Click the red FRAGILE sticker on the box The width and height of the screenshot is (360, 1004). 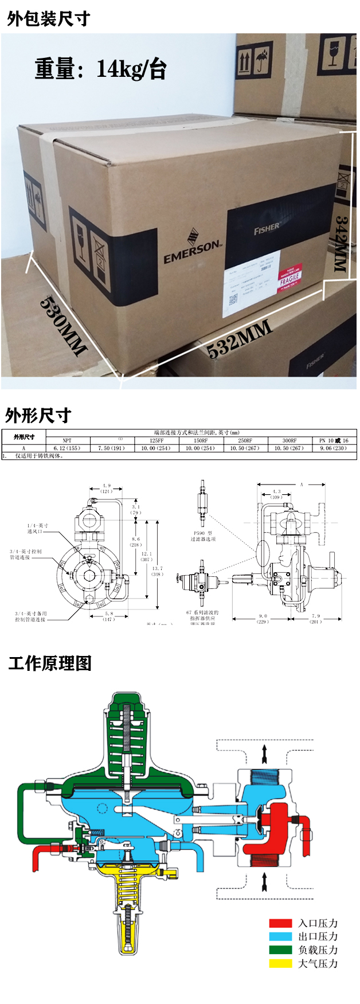tap(289, 278)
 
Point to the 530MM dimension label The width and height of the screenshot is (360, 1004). tap(63, 326)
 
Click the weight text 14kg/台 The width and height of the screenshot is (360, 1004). tap(131, 70)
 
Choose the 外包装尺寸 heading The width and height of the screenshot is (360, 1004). tap(49, 19)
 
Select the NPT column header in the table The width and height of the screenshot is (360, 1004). tap(67, 441)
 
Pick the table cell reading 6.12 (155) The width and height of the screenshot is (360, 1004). tap(67, 448)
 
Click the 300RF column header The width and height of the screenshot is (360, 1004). tap(289, 441)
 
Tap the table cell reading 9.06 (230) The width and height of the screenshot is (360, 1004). tap(334, 448)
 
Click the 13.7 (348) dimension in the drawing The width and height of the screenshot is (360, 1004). tap(157, 571)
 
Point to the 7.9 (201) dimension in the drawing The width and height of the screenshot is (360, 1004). tap(316, 619)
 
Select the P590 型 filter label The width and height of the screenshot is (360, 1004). tap(203, 536)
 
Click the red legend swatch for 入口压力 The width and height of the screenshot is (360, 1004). tap(280, 923)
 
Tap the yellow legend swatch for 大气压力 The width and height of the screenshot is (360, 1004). tap(280, 963)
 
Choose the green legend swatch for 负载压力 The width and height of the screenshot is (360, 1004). tap(280, 950)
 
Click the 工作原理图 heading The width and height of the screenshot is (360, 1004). tap(50, 663)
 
